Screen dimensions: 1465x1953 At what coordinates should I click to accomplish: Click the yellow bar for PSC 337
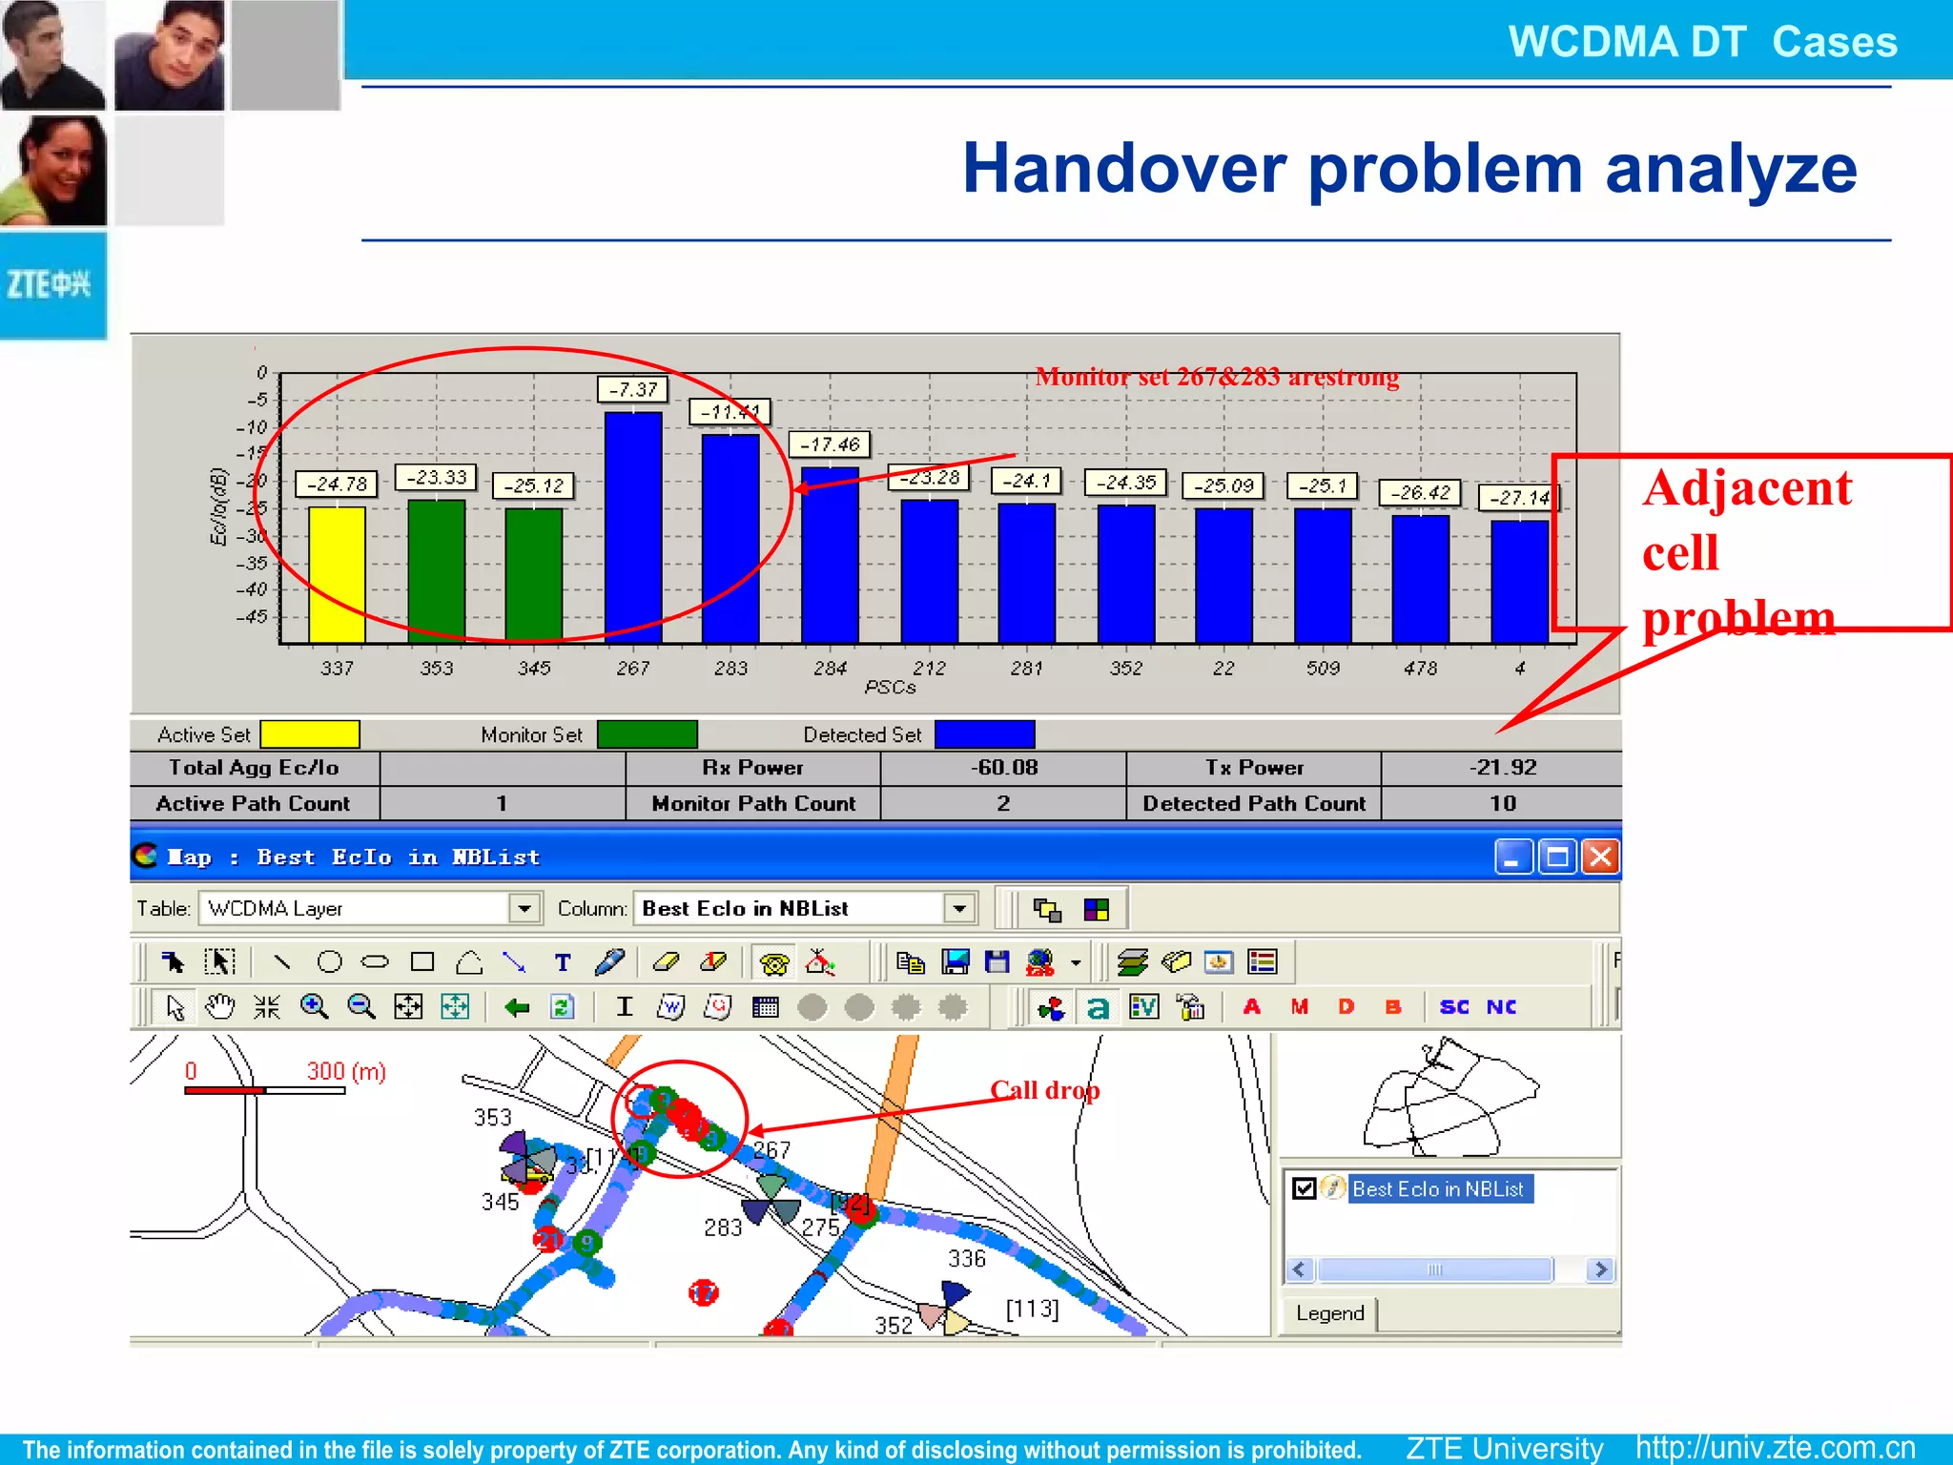click(337, 574)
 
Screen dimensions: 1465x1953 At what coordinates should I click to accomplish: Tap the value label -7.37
click(633, 389)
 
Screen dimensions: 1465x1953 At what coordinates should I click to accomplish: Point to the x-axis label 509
click(1323, 669)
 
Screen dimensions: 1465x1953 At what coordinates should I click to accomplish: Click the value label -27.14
click(1519, 498)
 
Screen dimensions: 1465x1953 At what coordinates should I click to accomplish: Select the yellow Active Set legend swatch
click(310, 734)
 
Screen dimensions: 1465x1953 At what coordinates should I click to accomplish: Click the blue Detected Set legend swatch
click(984, 734)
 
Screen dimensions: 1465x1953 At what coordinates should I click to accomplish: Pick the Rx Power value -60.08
click(1003, 768)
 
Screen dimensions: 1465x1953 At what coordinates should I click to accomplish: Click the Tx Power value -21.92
click(1502, 768)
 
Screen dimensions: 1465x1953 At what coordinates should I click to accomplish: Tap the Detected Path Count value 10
click(1502, 803)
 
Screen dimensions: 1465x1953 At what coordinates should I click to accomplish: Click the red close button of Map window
click(1600, 856)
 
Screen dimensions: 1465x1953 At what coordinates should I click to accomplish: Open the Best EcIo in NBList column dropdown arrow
click(959, 908)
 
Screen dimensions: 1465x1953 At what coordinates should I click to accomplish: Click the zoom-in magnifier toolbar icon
click(314, 1006)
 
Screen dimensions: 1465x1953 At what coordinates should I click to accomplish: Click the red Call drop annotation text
click(1044, 1090)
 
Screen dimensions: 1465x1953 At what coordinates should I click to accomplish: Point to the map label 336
click(966, 1259)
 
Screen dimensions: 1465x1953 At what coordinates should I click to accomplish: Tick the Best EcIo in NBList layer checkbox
click(1304, 1188)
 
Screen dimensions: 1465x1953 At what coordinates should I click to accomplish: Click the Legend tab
click(1330, 1313)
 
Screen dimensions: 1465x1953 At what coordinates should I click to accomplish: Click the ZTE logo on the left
click(50, 284)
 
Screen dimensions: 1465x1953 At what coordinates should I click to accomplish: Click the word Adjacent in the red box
click(1747, 488)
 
